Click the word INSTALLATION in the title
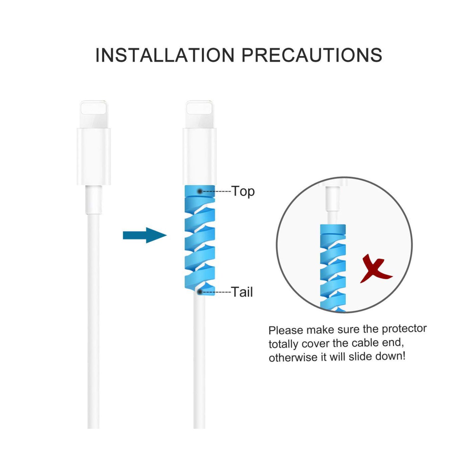(165, 55)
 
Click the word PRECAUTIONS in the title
(312, 55)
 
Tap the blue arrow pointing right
(145, 235)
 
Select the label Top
(243, 191)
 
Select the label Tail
(242, 292)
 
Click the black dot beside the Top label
(200, 191)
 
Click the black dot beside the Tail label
(200, 291)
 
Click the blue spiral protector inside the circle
(333, 267)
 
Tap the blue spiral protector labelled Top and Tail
(200, 241)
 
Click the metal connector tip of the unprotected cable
(94, 114)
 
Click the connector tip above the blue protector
(200, 114)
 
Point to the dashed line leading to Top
(217, 191)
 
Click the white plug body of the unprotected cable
(94, 157)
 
